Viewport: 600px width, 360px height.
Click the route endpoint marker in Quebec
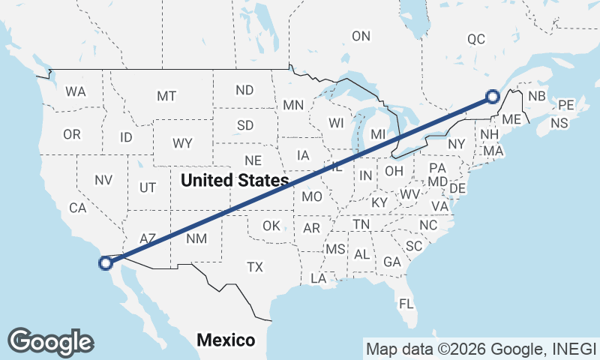click(492, 96)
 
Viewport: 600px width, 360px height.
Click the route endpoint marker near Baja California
click(106, 262)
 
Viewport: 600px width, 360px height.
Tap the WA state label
click(75, 91)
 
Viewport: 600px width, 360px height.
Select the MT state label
click(166, 96)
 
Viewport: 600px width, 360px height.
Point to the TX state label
click(255, 266)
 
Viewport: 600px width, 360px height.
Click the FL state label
click(406, 304)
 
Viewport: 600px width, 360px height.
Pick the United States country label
click(235, 180)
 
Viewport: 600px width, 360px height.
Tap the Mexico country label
click(225, 340)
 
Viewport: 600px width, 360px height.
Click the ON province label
click(361, 35)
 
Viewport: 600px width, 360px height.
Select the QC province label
click(476, 39)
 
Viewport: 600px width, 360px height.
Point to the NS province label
click(559, 123)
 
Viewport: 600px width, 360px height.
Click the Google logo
click(50, 341)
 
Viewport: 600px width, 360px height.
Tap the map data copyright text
click(479, 349)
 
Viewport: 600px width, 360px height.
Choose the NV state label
click(103, 180)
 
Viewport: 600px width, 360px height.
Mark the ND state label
click(244, 90)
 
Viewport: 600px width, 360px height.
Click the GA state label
click(391, 262)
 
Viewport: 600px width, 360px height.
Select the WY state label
click(182, 142)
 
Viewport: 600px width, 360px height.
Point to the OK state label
click(271, 225)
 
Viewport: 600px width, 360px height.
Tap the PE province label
click(566, 105)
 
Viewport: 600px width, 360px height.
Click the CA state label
click(78, 208)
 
